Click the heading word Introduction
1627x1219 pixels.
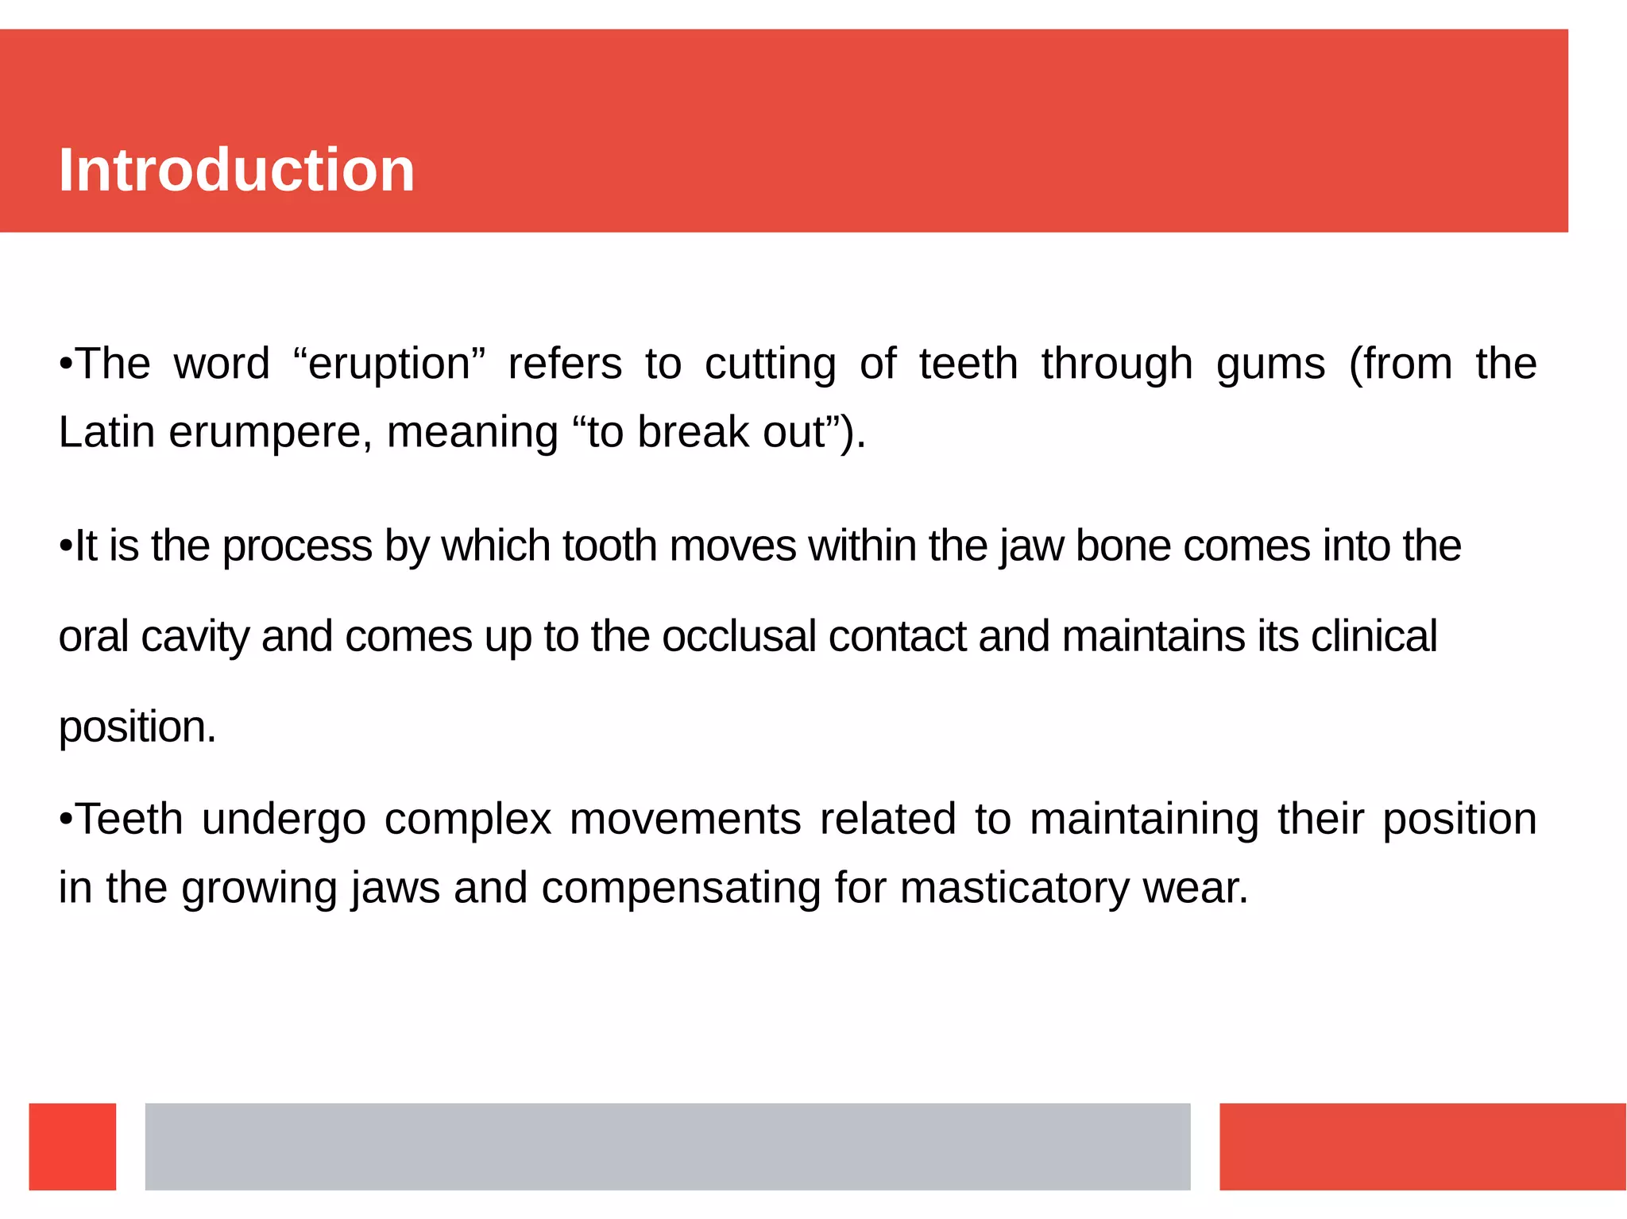pos(237,170)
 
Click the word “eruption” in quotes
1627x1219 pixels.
pos(388,365)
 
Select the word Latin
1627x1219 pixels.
pos(106,433)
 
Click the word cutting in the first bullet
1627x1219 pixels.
pos(770,365)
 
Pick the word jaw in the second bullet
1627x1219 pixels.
pos(1031,547)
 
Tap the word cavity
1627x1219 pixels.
pos(195,638)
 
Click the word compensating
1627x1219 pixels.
pos(681,889)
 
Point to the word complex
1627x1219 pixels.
pos(467,820)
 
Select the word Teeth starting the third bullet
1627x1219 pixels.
pos(129,819)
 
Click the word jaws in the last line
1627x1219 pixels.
pos(395,889)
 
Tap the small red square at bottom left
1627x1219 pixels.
pos(72,1146)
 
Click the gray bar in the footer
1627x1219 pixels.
pos(667,1146)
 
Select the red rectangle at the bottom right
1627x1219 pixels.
pos(1422,1146)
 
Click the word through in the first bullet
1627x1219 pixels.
pos(1117,365)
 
